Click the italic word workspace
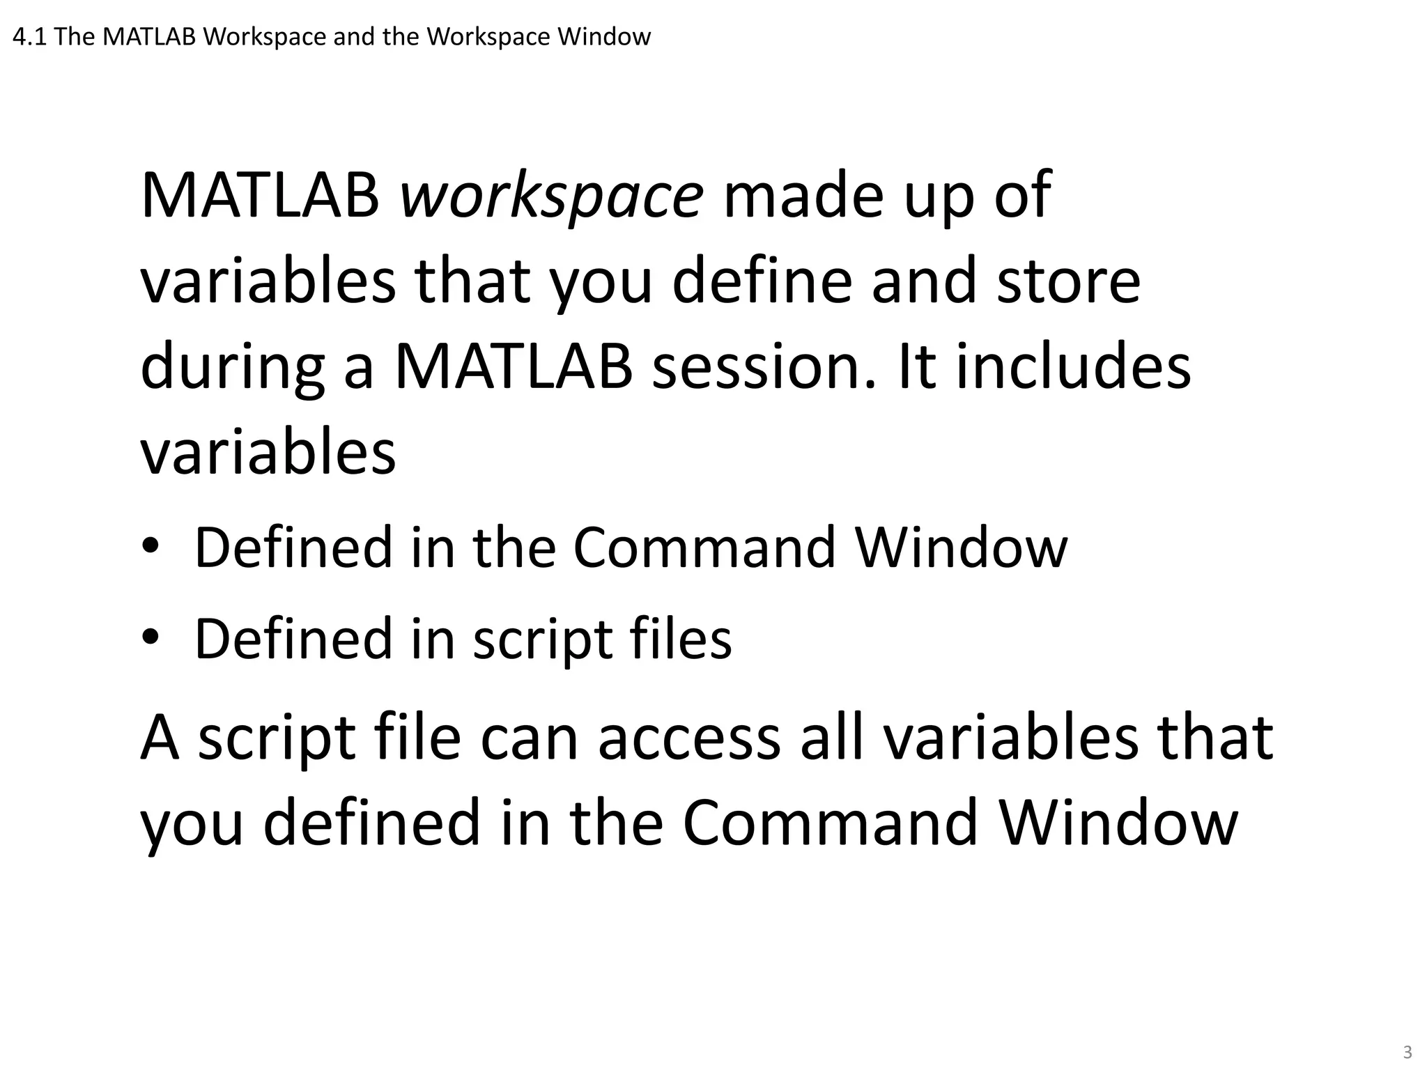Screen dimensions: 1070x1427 tap(551, 197)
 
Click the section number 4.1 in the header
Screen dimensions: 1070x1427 tap(29, 37)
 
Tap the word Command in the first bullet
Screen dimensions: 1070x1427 tap(704, 548)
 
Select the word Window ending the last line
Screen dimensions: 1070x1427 tap(1118, 823)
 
